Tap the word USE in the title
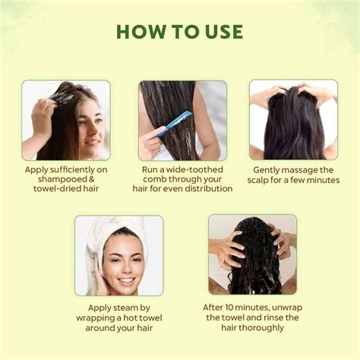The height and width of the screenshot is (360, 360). pos(221,32)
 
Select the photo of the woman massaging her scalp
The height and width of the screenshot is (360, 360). pos(293,119)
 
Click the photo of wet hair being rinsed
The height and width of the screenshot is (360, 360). pos(252,254)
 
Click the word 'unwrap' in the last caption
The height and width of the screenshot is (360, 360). pos(292,308)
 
